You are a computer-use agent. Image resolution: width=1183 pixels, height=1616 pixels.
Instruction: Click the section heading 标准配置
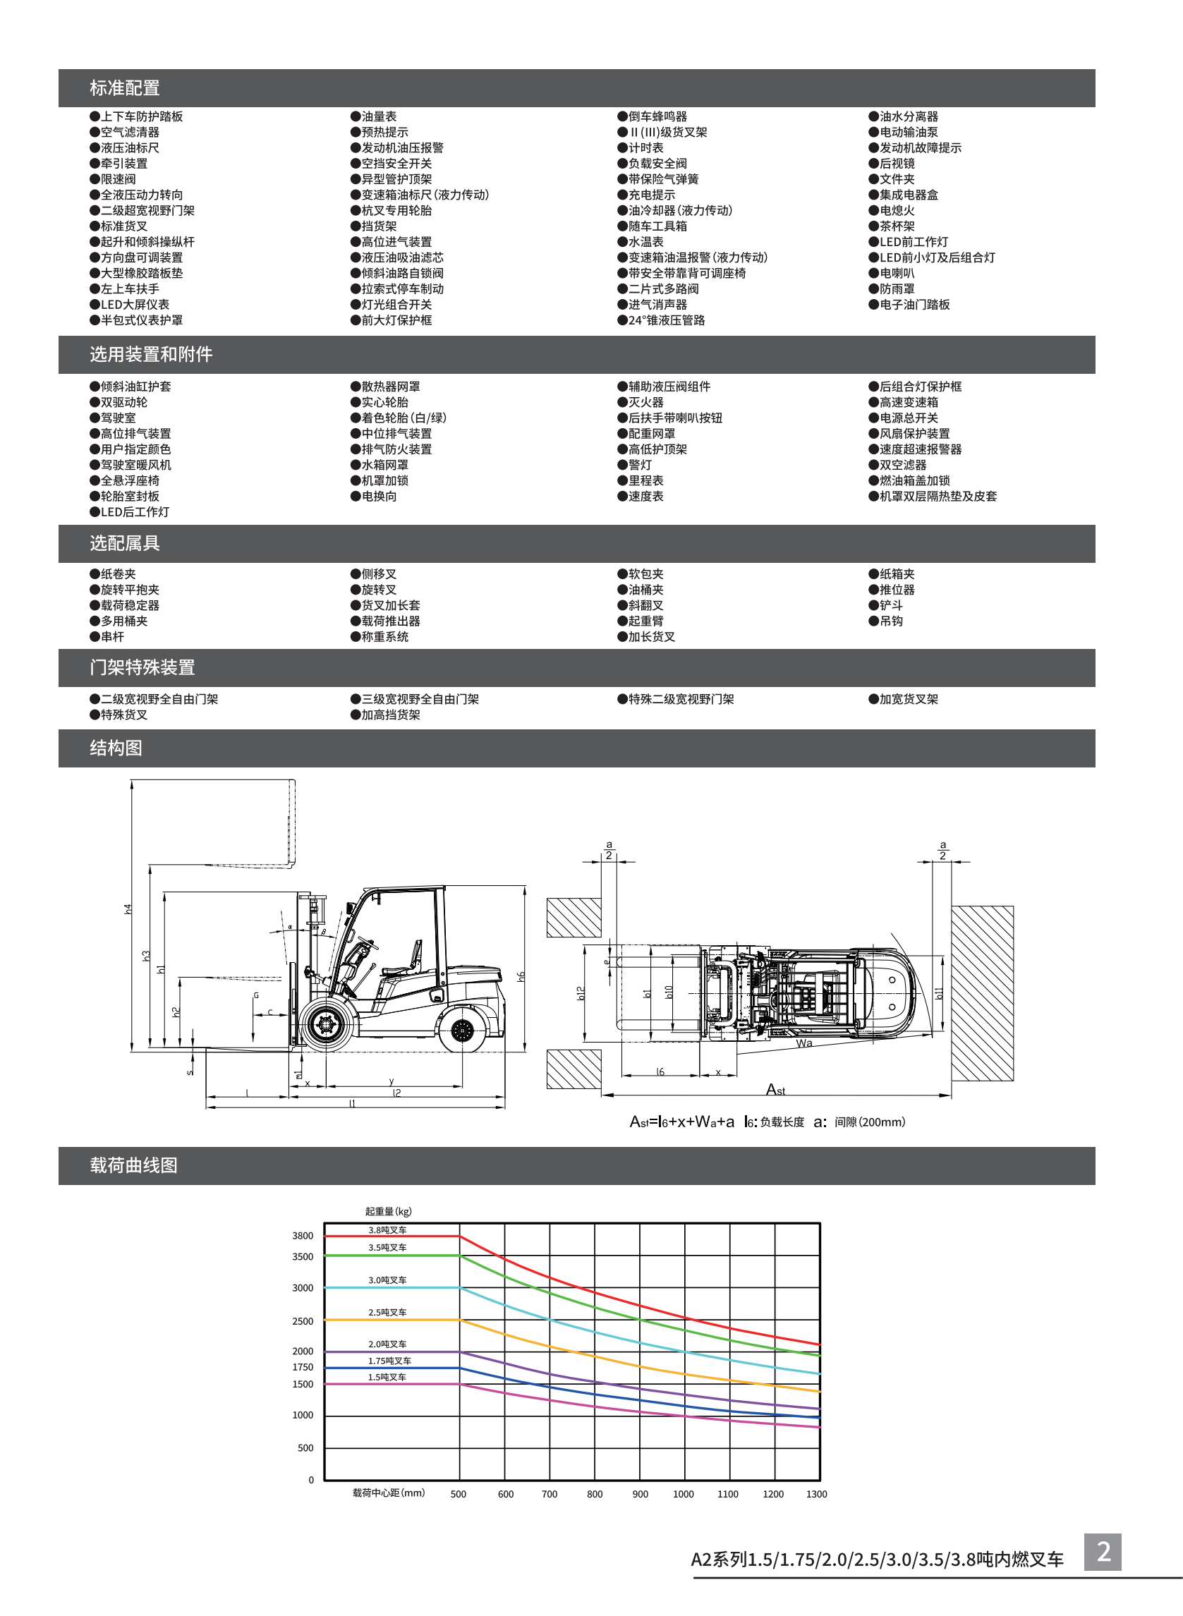pos(125,88)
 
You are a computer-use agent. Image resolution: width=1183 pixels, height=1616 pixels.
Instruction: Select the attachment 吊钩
pos(891,621)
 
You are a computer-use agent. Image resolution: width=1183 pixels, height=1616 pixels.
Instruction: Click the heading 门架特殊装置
pos(142,667)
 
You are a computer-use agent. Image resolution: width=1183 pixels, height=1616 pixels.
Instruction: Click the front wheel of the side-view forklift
pos(325,1026)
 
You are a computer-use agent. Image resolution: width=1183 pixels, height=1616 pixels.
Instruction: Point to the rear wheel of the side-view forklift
pos(463,1031)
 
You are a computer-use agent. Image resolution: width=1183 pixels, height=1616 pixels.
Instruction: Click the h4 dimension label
pos(128,909)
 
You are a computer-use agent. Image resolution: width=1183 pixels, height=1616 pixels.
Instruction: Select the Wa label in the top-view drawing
pos(804,1043)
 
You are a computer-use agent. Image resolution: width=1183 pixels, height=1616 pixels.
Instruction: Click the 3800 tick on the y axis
pos(302,1236)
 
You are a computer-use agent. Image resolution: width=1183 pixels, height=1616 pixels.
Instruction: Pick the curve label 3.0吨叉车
pos(387,1280)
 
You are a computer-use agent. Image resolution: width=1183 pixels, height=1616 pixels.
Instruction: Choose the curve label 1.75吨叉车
pos(389,1361)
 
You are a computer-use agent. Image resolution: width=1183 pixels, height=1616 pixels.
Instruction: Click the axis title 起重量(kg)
pos(388,1211)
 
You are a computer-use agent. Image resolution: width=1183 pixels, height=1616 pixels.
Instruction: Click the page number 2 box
pos(1103,1552)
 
